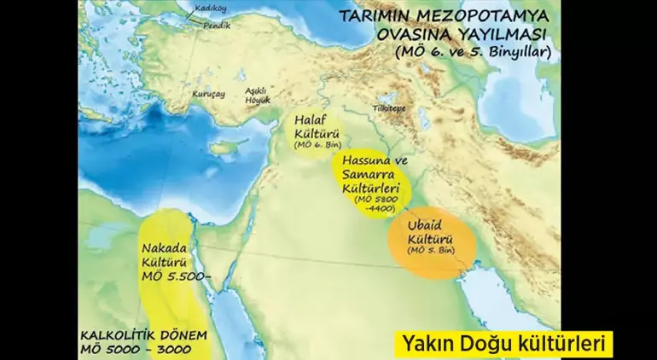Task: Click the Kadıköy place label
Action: click(207, 7)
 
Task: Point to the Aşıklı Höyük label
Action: click(256, 95)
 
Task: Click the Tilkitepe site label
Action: click(388, 109)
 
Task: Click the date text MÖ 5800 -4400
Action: click(371, 203)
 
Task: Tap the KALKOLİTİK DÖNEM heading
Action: click(143, 335)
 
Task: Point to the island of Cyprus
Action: click(224, 147)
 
